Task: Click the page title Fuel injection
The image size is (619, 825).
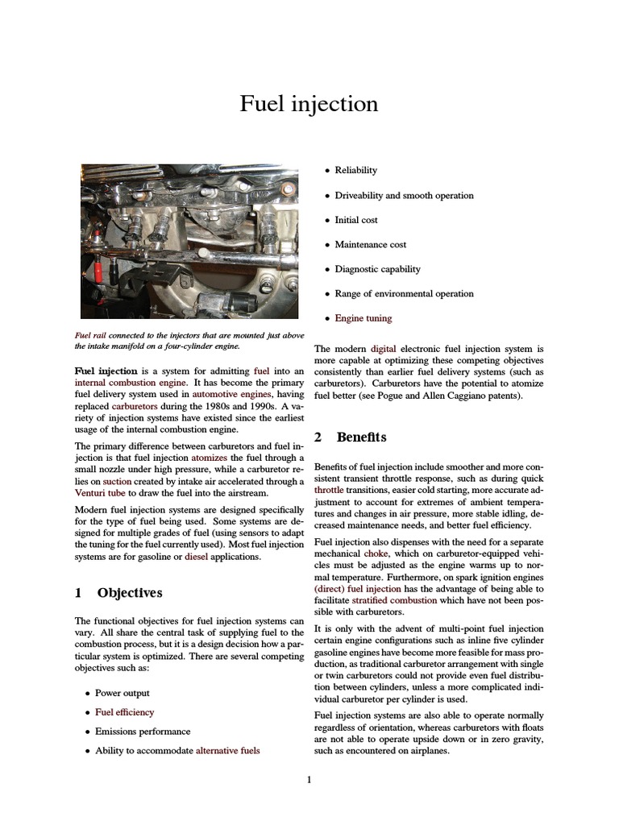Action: click(x=309, y=104)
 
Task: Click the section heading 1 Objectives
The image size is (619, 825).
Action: click(x=118, y=593)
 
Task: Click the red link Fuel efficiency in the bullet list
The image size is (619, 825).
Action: click(x=124, y=712)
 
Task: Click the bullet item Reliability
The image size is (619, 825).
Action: click(x=355, y=171)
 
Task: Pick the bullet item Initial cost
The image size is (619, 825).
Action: click(x=356, y=220)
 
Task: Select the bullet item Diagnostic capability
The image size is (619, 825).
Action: click(x=378, y=269)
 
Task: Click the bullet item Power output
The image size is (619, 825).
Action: click(x=123, y=693)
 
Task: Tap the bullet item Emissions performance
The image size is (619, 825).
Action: click(x=143, y=732)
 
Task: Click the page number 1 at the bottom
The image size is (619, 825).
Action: click(x=309, y=779)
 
